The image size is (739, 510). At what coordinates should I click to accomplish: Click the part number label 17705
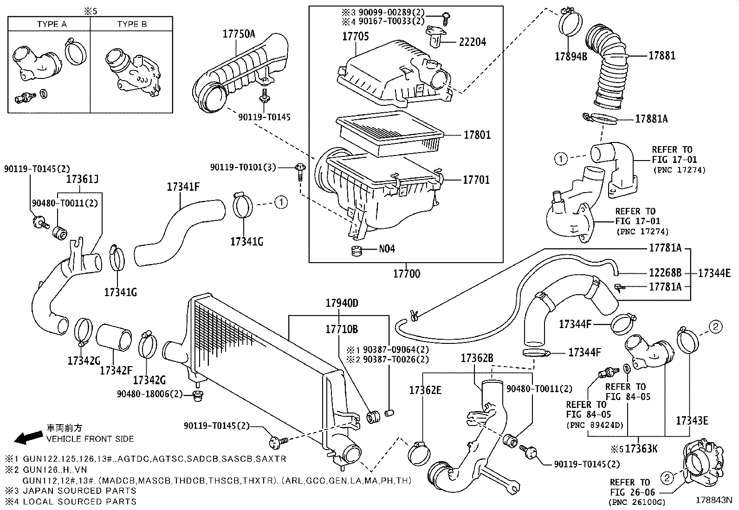356,36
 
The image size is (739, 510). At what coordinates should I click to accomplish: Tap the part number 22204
472,42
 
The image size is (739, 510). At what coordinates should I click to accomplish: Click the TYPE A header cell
52,24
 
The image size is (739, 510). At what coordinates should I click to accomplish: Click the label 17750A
239,33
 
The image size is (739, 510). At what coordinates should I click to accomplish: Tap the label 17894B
571,57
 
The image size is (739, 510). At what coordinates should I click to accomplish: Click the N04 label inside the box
387,249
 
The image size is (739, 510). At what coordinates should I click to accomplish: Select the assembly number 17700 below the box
407,274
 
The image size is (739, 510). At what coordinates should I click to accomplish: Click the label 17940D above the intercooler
342,303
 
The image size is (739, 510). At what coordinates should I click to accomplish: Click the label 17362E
425,390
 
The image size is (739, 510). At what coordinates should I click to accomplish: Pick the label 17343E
692,421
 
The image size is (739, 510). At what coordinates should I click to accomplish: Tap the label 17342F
116,370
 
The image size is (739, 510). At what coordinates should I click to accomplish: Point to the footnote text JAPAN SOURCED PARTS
79,491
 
